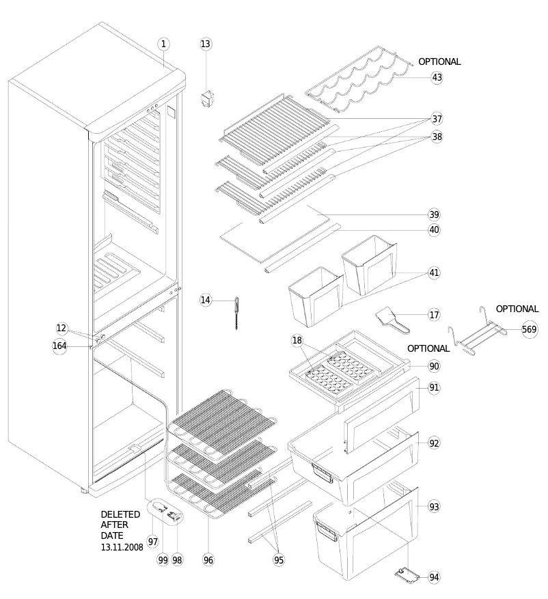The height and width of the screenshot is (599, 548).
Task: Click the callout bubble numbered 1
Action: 163,44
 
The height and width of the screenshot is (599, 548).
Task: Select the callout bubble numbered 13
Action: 206,44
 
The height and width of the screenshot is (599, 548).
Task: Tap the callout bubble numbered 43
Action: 437,77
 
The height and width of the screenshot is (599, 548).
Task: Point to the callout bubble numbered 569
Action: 529,329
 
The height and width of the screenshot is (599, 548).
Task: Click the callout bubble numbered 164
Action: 60,346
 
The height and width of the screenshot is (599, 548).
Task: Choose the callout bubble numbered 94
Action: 434,577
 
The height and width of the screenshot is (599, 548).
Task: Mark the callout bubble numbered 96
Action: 208,559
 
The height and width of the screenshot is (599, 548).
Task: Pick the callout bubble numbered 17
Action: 434,315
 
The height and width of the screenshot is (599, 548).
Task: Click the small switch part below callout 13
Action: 205,100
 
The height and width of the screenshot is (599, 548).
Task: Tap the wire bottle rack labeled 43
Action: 359,81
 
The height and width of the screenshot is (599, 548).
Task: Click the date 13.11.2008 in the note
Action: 122,548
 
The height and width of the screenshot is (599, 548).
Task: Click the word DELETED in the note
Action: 120,514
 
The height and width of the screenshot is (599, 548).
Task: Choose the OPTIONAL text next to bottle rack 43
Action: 439,61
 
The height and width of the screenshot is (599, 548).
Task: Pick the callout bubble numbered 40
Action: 434,229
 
